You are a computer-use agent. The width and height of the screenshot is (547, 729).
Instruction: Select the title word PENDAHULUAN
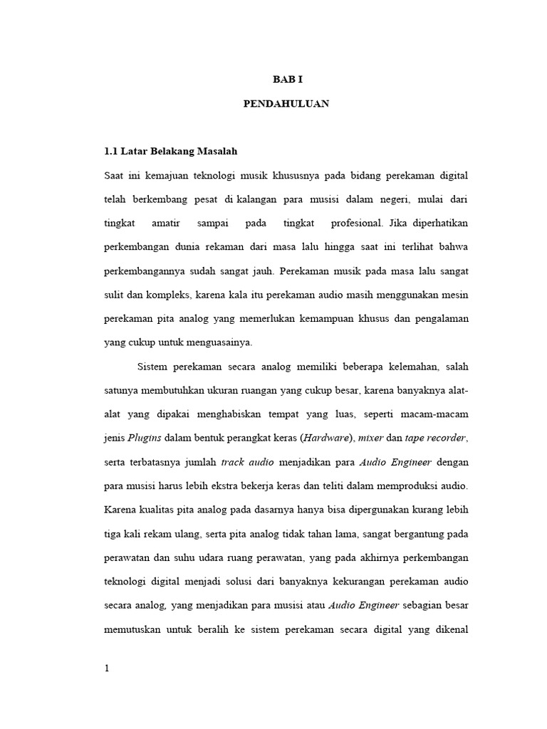[286, 103]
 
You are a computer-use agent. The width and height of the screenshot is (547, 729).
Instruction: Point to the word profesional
[356, 223]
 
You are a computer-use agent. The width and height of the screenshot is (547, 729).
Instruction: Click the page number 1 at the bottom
[106, 669]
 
